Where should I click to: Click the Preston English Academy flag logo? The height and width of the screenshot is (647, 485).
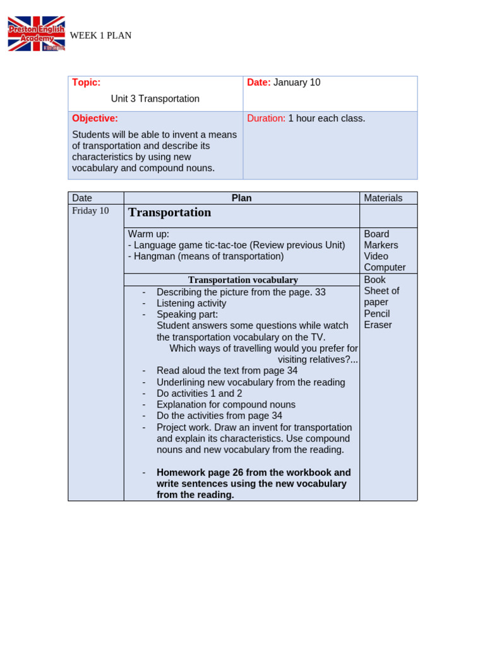36,34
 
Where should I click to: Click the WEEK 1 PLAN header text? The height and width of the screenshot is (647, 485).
100,35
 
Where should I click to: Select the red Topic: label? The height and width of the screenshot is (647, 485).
86,83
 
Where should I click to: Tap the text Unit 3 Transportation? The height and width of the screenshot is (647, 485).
155,99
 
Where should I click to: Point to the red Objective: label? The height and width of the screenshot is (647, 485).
95,119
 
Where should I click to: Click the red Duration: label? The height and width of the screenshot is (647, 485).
266,119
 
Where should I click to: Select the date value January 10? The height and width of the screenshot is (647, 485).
297,83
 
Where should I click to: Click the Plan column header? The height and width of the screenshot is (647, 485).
241,198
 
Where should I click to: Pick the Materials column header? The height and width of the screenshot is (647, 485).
383,198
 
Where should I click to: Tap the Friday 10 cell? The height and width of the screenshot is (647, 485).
90,211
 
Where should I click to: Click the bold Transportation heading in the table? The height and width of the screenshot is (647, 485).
169,213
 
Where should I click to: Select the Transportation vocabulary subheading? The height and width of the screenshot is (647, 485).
242,280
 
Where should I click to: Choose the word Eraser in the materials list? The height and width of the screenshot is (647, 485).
378,325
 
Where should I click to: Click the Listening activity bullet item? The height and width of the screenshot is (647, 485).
191,303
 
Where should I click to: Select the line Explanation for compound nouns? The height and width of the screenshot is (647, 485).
225,405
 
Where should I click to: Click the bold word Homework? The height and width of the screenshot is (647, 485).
181,473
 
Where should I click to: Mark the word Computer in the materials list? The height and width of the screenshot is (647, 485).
385,268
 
